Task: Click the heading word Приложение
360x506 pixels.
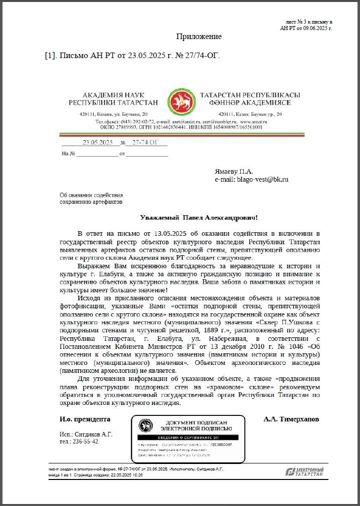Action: click(199, 37)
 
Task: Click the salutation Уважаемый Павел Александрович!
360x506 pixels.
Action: click(199, 218)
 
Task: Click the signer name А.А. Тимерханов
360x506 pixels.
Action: click(291, 419)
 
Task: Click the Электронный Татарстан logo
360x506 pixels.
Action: click(304, 471)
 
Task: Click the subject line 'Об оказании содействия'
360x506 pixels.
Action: click(91, 195)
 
